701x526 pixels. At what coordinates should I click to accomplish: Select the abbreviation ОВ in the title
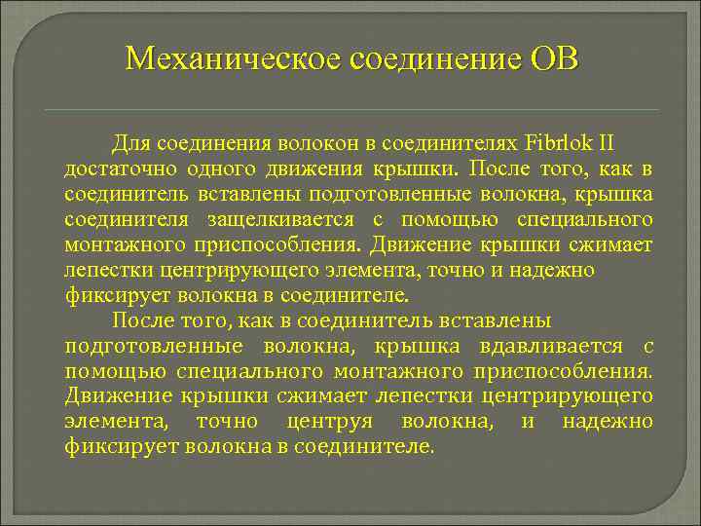pos(554,59)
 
